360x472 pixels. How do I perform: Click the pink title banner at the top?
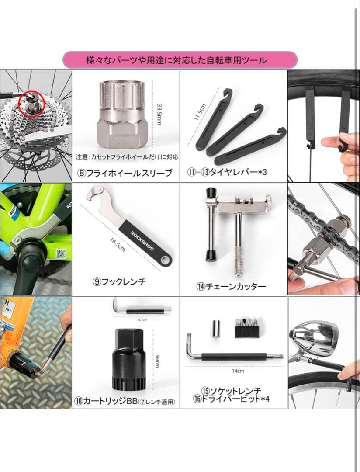180,60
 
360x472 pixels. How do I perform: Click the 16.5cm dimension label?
118,244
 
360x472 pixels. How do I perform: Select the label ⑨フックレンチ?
119,282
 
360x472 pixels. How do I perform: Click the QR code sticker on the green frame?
61,254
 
